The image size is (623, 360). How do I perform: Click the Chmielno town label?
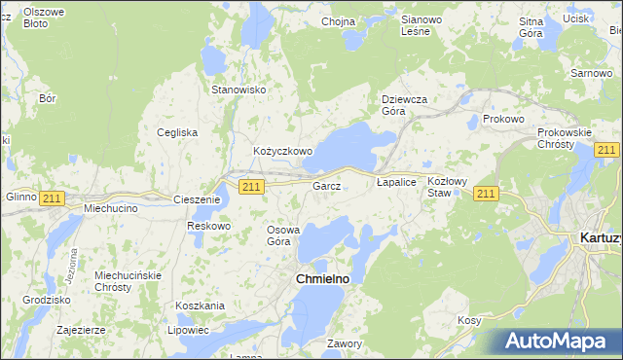(322, 279)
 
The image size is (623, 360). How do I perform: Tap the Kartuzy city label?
(599, 236)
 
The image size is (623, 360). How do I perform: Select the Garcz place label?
(326, 185)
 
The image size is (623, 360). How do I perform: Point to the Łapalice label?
(396, 182)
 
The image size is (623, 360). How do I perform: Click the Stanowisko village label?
(239, 90)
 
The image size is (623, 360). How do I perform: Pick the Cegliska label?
(178, 132)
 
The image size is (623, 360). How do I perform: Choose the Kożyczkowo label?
(282, 152)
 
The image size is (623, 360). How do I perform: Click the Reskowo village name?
(209, 226)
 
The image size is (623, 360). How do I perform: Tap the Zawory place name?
(345, 343)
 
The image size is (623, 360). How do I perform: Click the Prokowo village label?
(503, 119)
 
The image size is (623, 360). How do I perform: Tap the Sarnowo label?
(591, 74)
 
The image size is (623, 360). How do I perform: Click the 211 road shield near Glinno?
(52, 198)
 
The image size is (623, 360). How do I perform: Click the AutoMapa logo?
(559, 341)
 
